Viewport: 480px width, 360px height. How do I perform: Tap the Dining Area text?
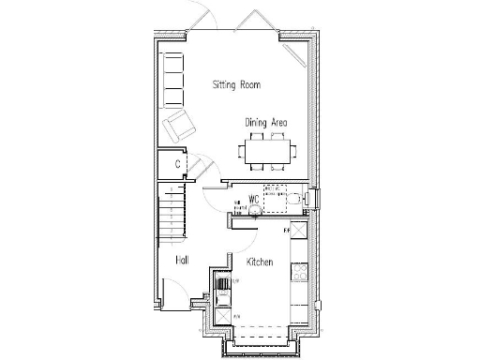[x=265, y=123]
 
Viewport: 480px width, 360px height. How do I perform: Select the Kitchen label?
[x=260, y=262]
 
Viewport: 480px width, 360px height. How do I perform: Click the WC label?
[x=252, y=199]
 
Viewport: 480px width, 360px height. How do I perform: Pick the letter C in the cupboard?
[x=177, y=165]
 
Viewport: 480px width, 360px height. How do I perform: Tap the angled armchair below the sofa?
[x=179, y=123]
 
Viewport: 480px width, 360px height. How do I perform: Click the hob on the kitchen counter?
[x=300, y=273]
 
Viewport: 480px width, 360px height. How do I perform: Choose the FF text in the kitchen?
[x=286, y=228]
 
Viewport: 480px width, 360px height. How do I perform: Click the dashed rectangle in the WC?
[x=275, y=193]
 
